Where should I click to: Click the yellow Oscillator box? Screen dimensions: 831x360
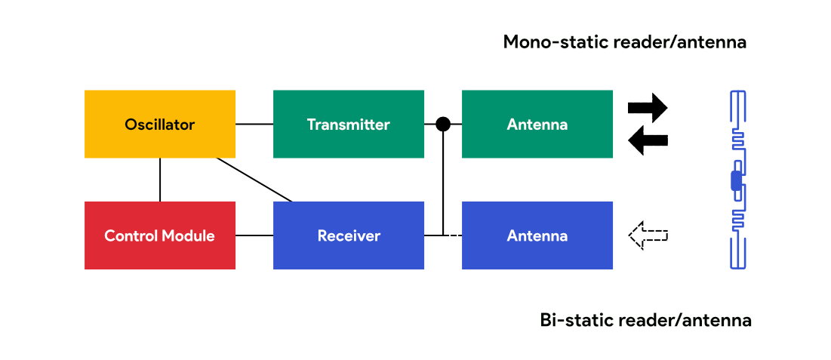[x=159, y=124]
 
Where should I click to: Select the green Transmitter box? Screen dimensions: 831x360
[x=348, y=124]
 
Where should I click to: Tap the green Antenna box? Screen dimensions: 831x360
[x=537, y=124]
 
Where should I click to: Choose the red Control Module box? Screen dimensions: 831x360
[x=159, y=235]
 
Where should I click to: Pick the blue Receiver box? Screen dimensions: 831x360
[x=348, y=235]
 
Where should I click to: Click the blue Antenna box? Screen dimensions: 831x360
[x=537, y=235]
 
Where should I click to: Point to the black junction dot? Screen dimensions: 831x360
[x=443, y=124]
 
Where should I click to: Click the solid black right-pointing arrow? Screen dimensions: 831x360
[x=648, y=108]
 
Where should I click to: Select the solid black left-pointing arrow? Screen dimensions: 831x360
[x=648, y=140]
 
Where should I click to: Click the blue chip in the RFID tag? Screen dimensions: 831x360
[x=737, y=181]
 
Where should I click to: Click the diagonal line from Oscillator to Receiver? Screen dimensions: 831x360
[x=254, y=180]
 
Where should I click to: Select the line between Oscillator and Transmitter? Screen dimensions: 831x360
[x=254, y=124]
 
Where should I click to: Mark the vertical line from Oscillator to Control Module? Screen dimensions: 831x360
[x=159, y=180]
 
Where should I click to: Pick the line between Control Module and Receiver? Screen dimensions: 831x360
[x=254, y=235]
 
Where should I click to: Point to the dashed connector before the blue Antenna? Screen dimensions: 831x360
[x=453, y=235]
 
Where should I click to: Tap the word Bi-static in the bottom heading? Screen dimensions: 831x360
[x=576, y=320]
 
